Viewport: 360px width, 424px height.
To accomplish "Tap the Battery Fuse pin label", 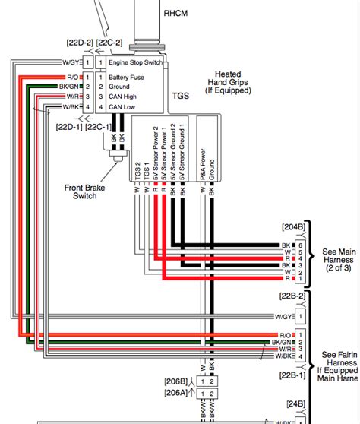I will click(x=127, y=77).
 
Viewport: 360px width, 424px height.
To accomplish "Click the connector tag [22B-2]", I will click(x=292, y=296).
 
